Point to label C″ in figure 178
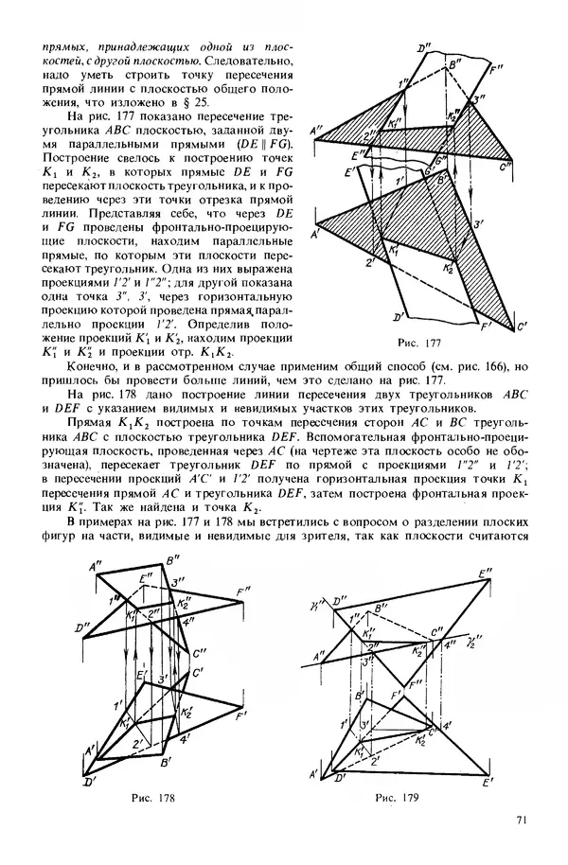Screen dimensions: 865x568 [199, 651]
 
